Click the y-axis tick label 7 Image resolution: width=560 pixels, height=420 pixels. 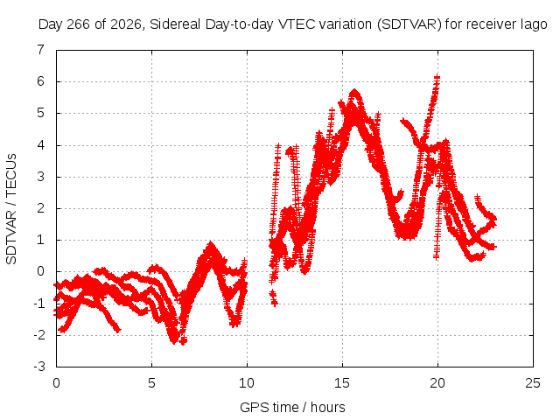(40, 50)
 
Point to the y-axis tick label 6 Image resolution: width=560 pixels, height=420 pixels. (40, 81)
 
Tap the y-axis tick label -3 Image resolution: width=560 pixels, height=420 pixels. (38, 367)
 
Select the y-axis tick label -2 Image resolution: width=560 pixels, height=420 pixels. (38, 335)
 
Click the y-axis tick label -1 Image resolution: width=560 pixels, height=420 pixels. (38, 304)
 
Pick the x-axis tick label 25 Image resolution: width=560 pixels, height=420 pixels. (533, 383)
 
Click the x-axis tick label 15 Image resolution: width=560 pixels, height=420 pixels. (342, 383)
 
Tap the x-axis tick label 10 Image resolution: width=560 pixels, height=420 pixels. (247, 383)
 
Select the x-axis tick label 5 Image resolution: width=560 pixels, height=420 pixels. (151, 383)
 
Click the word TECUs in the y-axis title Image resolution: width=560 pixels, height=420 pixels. (11, 174)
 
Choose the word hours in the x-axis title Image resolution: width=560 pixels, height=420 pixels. (327, 407)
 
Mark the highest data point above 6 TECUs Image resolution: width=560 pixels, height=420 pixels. (437, 76)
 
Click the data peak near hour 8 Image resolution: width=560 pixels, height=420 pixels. (211, 244)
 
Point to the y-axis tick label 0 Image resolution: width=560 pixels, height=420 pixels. (40, 271)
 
